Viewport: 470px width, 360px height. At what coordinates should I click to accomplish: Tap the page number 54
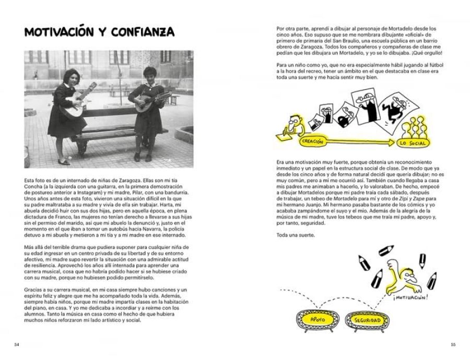(x=16, y=345)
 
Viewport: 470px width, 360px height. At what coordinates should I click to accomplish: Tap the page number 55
(x=453, y=345)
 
